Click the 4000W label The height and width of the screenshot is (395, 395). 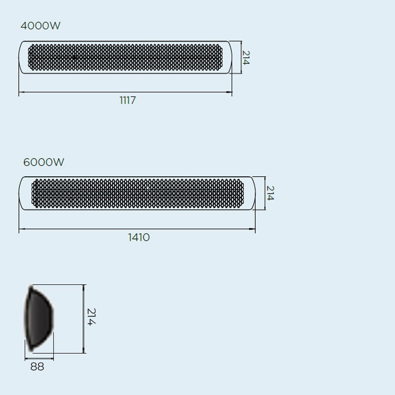pos(40,26)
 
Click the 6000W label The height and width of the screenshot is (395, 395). pos(43,162)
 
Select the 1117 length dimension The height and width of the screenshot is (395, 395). pos(127,101)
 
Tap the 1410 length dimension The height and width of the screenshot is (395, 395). pos(139,237)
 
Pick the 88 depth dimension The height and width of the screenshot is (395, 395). pos(37,366)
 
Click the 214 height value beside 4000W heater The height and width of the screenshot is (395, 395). pos(246,57)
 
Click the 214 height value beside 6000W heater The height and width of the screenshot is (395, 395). pos(270,193)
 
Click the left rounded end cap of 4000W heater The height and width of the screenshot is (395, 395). pos(23,58)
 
